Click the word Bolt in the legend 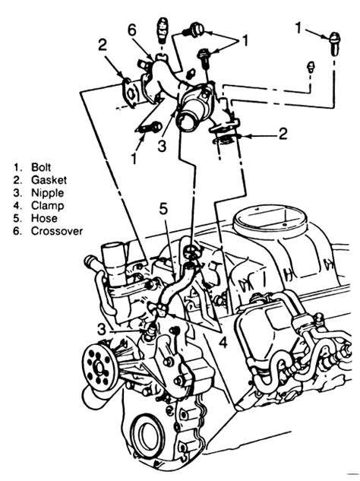click(41, 167)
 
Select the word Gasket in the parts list click(49, 180)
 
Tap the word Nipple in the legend click(48, 193)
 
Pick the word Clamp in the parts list click(48, 205)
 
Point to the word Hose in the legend click(44, 218)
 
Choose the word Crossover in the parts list click(57, 231)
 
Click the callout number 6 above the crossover click(132, 31)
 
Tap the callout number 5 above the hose click(163, 209)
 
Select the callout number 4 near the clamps click(224, 342)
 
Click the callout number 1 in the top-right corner click(298, 27)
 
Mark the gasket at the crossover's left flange click(131, 93)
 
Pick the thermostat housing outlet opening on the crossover click(188, 121)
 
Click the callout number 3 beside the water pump click(102, 330)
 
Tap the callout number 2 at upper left click(103, 45)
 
